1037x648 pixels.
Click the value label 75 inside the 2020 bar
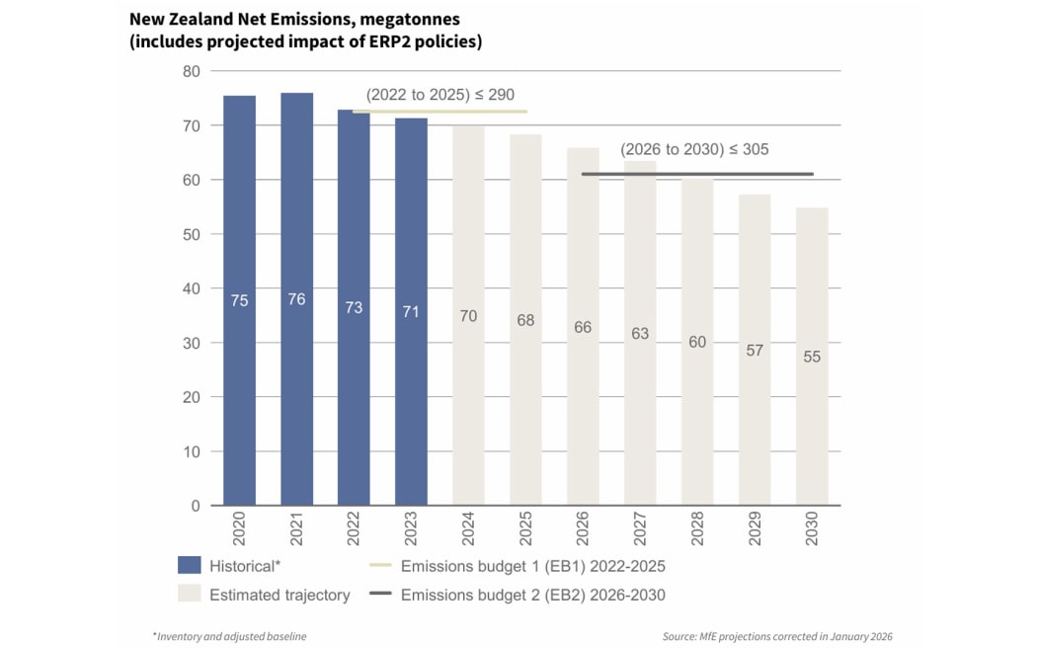239,300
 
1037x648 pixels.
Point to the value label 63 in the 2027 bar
640,334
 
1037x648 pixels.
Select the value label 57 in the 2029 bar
755,351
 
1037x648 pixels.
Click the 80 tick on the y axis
191,71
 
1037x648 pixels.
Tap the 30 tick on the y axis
191,343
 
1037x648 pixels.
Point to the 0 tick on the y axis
195,506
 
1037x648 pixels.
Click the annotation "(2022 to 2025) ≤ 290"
439,96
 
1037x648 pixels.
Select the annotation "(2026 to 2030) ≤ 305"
694,149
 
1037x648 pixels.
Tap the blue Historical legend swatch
189,566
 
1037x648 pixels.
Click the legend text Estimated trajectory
279,595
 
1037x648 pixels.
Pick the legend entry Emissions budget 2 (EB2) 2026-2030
532,595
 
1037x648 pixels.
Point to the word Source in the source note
679,637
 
